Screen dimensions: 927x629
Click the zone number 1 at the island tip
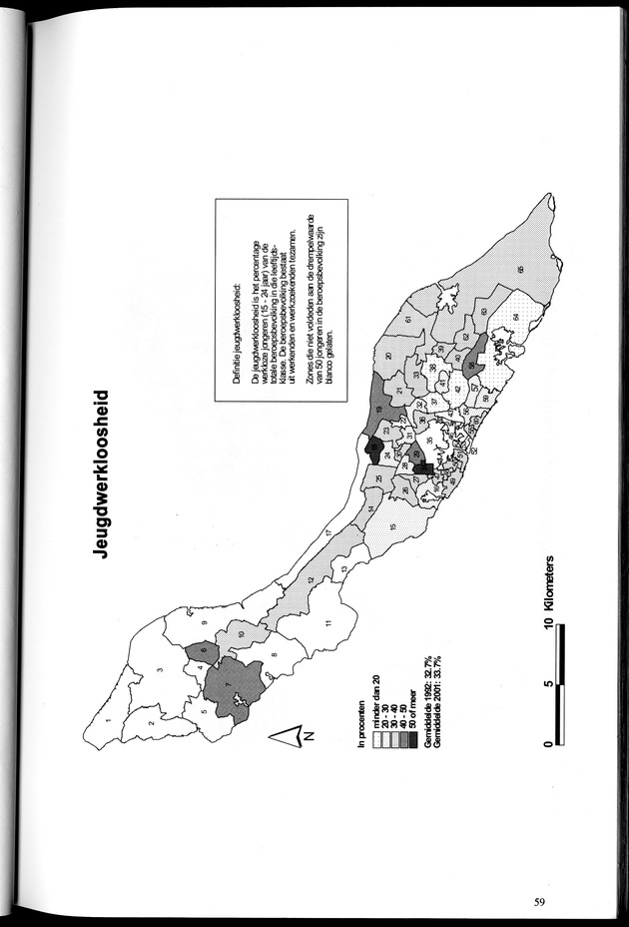tap(106, 720)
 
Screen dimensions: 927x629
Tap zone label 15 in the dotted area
tap(393, 526)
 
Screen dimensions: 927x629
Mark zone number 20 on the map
tap(387, 357)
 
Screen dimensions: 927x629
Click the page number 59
tap(538, 902)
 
